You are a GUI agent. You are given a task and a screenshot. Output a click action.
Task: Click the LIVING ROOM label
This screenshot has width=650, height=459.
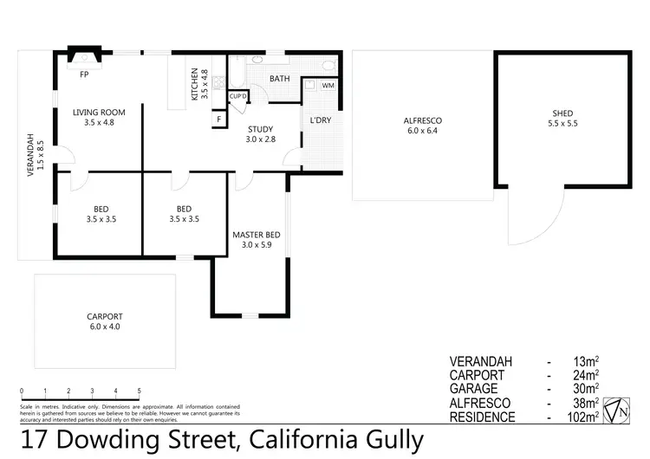pyautogui.click(x=99, y=112)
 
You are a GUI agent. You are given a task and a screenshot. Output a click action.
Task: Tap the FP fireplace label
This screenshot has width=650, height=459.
pyautogui.click(x=84, y=74)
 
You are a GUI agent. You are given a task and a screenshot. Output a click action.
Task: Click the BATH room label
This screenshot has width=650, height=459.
pyautogui.click(x=279, y=79)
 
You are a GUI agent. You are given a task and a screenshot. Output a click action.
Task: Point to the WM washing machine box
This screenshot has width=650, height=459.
pyautogui.click(x=328, y=86)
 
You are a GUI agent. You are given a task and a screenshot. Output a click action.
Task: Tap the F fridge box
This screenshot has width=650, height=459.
pyautogui.click(x=218, y=119)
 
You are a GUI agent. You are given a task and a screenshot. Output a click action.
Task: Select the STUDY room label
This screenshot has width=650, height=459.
pyautogui.click(x=260, y=128)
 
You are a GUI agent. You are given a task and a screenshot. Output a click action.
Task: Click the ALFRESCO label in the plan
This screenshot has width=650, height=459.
pyautogui.click(x=424, y=120)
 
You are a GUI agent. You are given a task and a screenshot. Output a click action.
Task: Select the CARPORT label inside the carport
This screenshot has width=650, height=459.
pyautogui.click(x=104, y=316)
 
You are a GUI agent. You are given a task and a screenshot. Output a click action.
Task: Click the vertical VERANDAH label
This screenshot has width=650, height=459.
pyautogui.click(x=30, y=156)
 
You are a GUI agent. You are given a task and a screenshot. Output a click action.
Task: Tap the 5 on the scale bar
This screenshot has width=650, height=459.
pyautogui.click(x=139, y=391)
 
